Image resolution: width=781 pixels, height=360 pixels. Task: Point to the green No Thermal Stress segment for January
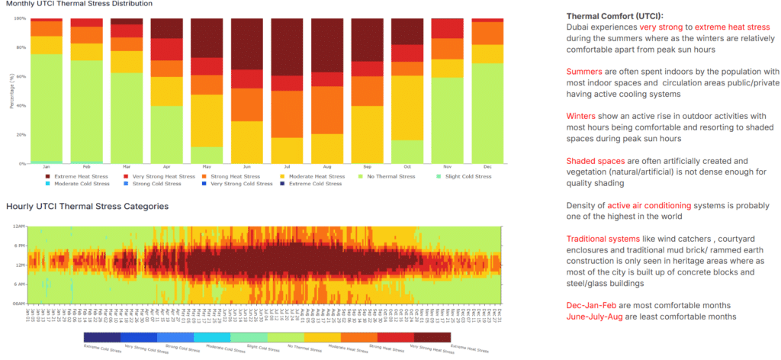click(47, 108)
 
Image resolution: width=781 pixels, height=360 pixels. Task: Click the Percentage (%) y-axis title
click(11, 92)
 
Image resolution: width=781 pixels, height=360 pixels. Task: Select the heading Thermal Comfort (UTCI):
click(615, 16)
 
